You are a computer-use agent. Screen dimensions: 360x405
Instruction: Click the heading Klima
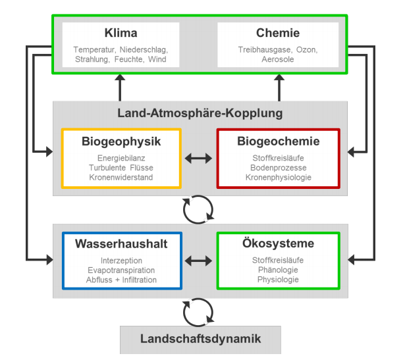[121, 34]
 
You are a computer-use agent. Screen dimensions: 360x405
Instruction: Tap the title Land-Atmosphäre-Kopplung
[200, 113]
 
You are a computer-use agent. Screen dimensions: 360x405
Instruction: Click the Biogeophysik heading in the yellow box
[121, 141]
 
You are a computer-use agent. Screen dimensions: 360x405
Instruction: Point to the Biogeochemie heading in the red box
[277, 141]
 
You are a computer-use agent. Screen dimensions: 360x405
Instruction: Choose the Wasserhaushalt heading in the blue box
[121, 244]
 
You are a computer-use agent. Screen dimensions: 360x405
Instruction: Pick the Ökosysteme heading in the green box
[277, 244]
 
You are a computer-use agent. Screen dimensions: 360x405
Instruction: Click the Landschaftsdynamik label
[200, 340]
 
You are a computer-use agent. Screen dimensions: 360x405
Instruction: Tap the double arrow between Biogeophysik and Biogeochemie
[199, 158]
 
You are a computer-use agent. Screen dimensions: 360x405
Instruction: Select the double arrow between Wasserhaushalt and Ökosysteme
[199, 261]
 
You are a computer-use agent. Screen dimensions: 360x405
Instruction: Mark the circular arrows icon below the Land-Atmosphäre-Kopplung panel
[198, 210]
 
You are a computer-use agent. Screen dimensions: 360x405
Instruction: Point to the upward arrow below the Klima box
[120, 86]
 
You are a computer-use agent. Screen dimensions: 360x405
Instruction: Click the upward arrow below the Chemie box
[279, 86]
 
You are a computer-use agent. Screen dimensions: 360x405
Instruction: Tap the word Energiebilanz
[121, 158]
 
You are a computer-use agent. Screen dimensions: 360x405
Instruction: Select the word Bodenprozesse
[277, 168]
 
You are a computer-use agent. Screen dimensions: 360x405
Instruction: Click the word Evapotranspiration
[121, 270]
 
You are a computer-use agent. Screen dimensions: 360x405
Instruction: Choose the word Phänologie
[277, 270]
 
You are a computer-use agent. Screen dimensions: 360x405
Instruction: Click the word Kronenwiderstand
[121, 177]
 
